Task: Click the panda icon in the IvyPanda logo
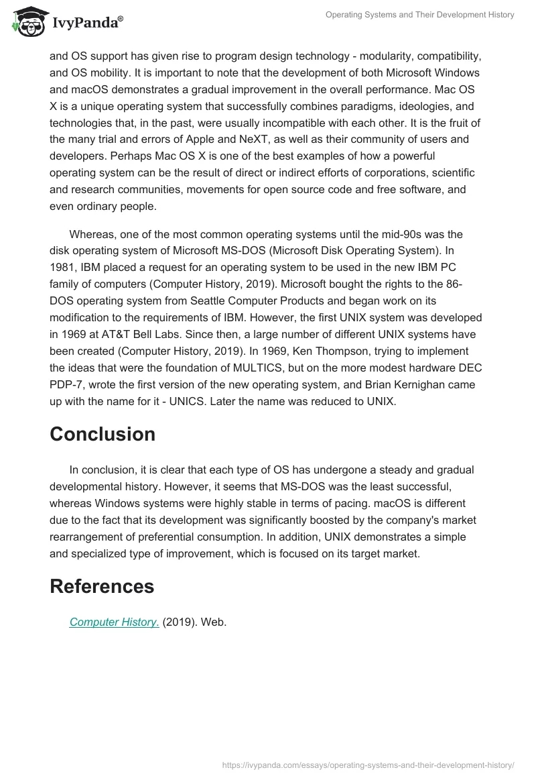[26, 23]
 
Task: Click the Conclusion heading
[103, 434]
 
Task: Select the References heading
[102, 586]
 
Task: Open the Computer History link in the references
[114, 622]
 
